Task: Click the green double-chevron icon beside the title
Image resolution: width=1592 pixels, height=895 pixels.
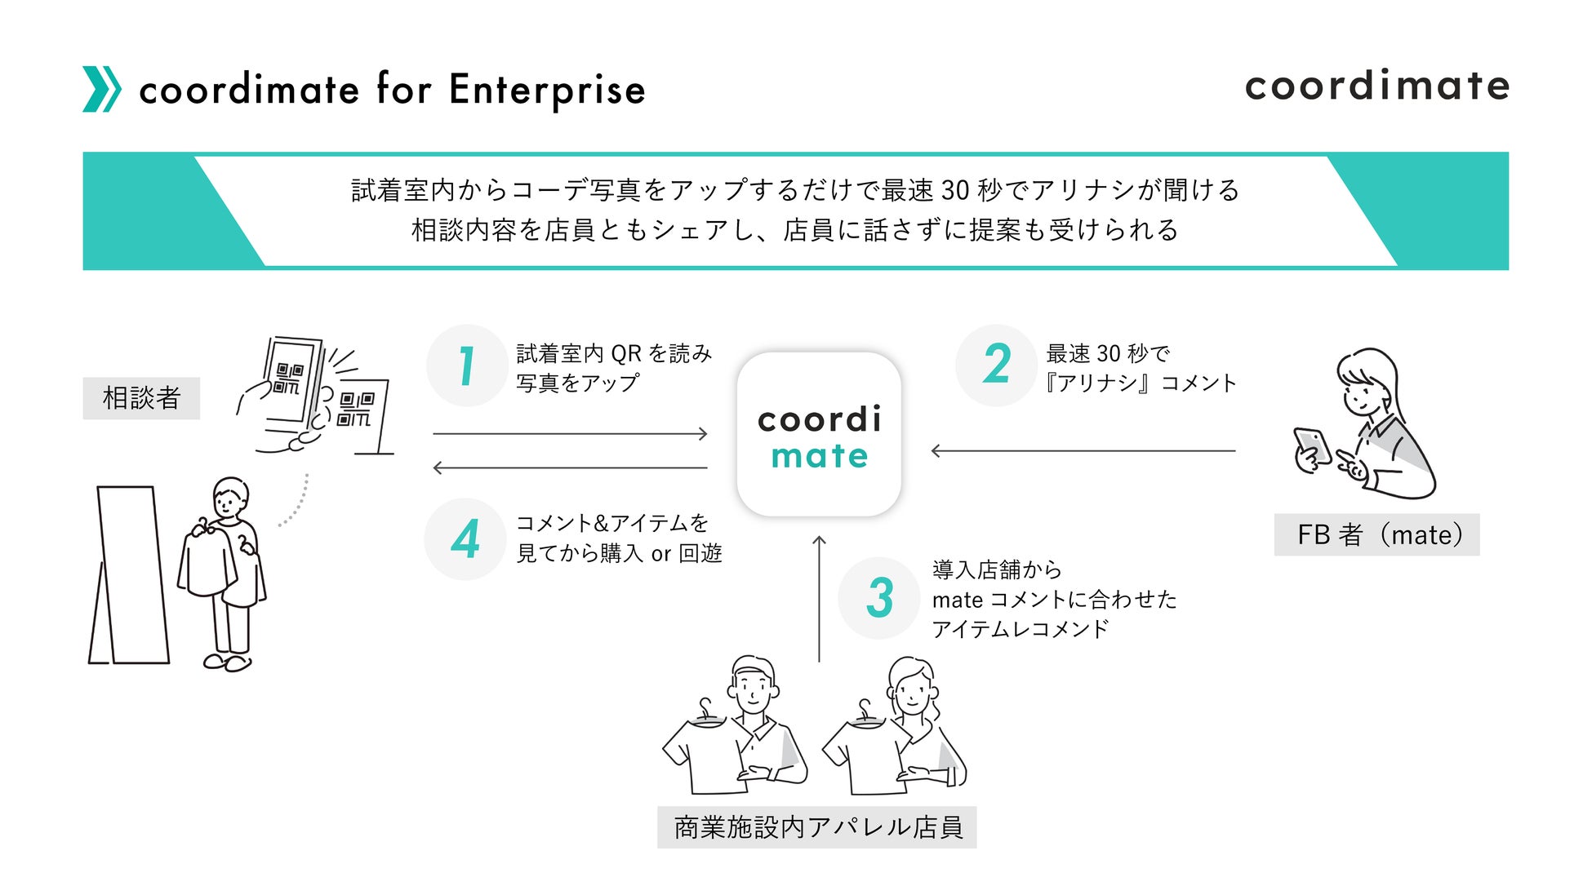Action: click(101, 89)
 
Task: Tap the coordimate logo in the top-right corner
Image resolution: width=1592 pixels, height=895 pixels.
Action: click(1376, 86)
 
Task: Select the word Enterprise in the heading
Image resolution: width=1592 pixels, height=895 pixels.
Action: click(547, 90)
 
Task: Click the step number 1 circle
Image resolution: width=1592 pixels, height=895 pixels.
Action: click(467, 366)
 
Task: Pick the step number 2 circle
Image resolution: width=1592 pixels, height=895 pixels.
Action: click(996, 365)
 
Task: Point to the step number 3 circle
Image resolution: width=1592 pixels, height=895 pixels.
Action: click(879, 598)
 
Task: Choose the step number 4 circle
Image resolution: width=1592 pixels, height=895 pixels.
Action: click(465, 539)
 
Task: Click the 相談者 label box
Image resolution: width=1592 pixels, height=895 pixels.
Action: click(141, 398)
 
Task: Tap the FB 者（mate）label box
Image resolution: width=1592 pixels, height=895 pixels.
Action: click(1376, 535)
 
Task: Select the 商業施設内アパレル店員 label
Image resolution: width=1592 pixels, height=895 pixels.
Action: click(816, 827)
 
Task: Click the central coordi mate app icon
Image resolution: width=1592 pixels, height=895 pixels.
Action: click(819, 435)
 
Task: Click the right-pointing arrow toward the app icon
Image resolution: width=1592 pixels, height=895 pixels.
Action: click(570, 434)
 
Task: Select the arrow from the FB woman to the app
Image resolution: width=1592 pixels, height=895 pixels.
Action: click(1083, 450)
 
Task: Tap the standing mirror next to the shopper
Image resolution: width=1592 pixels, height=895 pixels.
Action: click(131, 574)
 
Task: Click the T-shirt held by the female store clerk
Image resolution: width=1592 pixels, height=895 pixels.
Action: click(865, 755)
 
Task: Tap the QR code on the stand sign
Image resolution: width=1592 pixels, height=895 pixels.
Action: click(356, 409)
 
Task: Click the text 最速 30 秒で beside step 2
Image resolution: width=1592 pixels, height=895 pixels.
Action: click(1108, 353)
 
